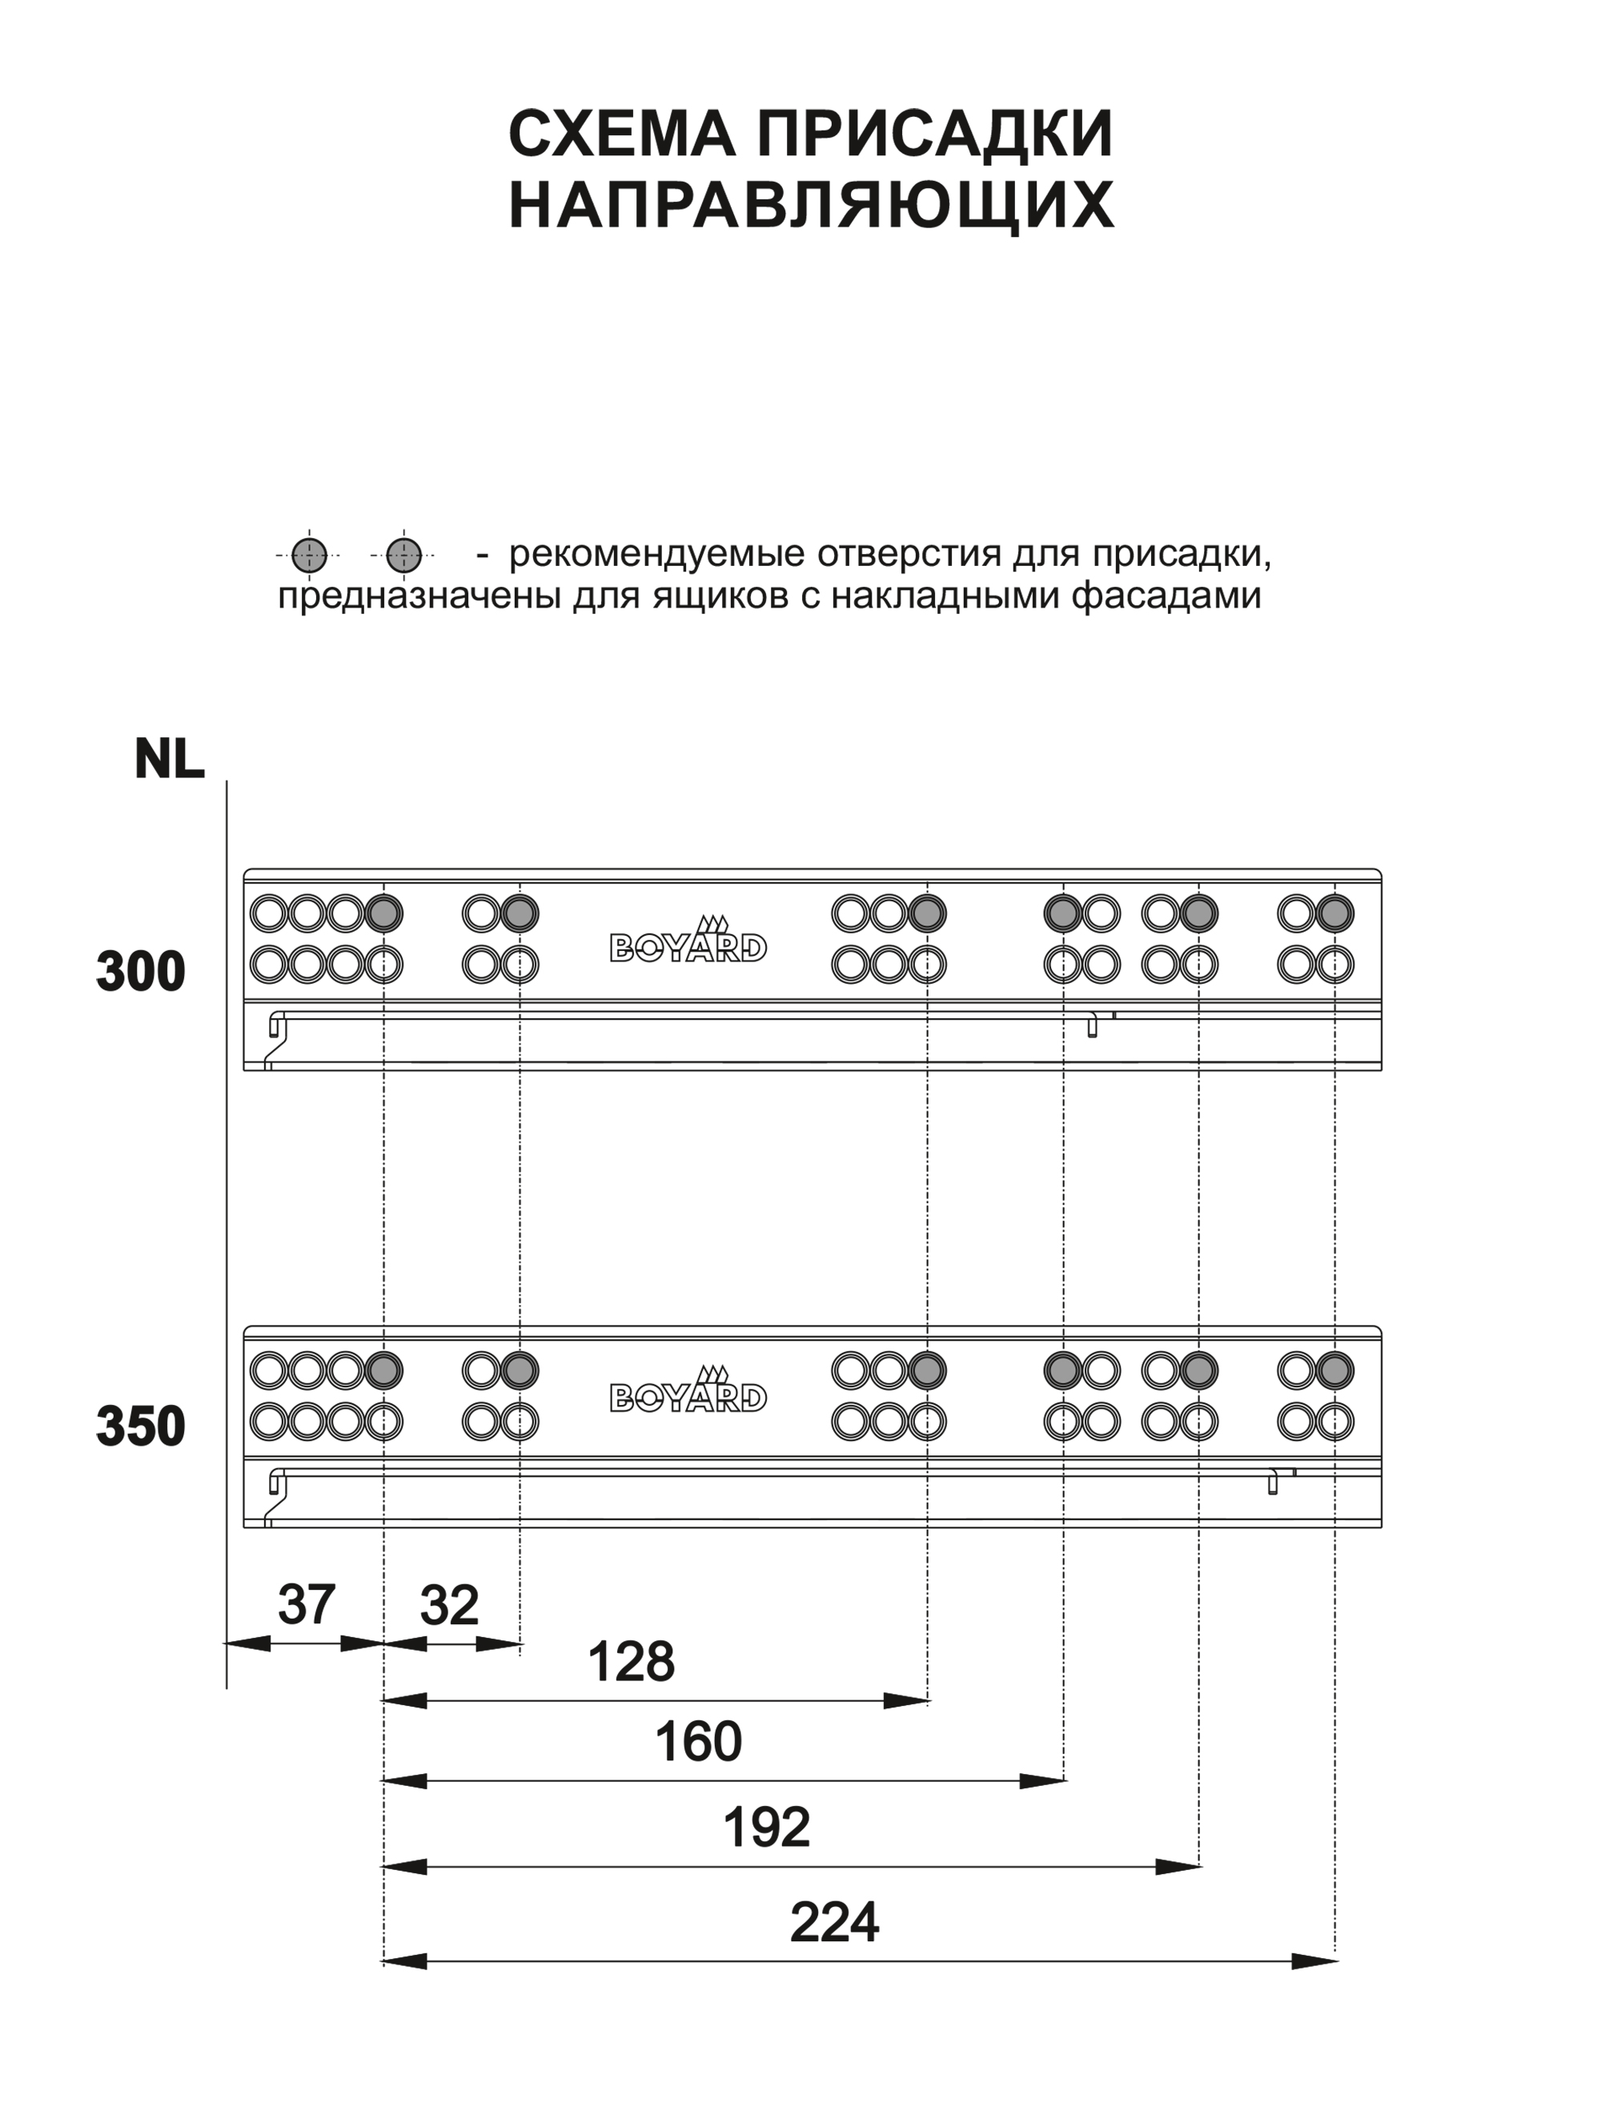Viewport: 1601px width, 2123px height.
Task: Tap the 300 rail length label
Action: pyautogui.click(x=140, y=971)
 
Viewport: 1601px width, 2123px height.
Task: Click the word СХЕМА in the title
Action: pyautogui.click(x=621, y=134)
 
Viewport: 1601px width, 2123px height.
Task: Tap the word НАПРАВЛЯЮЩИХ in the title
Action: pyautogui.click(x=811, y=204)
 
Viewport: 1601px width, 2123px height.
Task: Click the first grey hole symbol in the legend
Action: pyautogui.click(x=309, y=555)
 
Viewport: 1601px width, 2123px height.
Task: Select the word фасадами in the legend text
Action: pyautogui.click(x=1166, y=596)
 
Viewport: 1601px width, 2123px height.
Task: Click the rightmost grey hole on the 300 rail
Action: pyautogui.click(x=1335, y=913)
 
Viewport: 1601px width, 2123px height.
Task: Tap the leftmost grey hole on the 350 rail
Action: pyautogui.click(x=384, y=1370)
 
